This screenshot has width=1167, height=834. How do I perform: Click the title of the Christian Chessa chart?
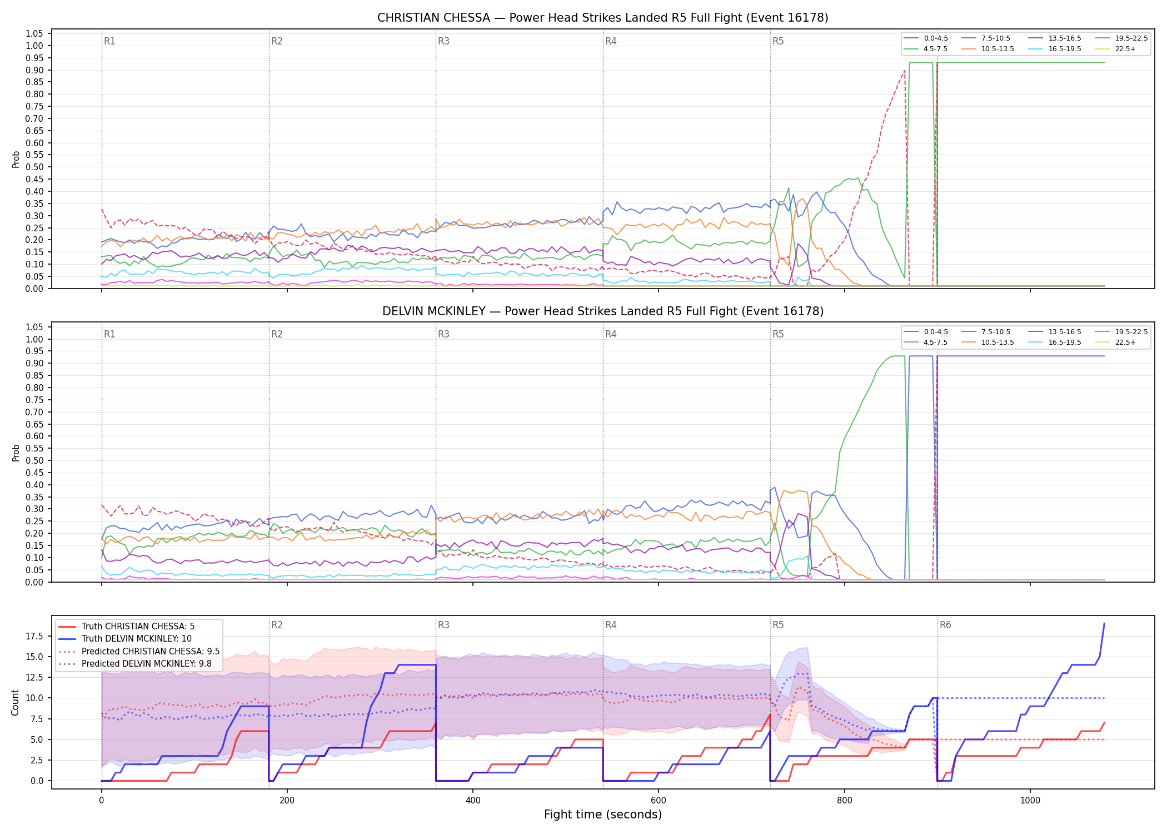[x=603, y=18]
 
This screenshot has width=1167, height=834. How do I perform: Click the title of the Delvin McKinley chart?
[x=603, y=311]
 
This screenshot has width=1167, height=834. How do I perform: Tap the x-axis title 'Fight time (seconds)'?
[x=603, y=815]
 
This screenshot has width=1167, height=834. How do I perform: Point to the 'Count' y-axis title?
[x=16, y=702]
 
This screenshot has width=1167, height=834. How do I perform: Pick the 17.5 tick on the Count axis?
[x=34, y=636]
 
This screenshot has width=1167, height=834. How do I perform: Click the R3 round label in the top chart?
[x=443, y=41]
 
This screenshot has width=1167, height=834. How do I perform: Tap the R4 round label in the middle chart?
[x=611, y=334]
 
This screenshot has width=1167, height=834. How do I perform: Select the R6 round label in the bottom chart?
[x=945, y=625]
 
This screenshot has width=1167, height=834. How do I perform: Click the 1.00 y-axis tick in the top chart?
[x=34, y=46]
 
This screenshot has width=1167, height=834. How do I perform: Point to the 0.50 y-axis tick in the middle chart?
[x=34, y=460]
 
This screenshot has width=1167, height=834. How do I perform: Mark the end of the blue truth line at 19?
[x=1104, y=623]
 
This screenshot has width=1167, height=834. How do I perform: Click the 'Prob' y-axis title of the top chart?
[x=16, y=160]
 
